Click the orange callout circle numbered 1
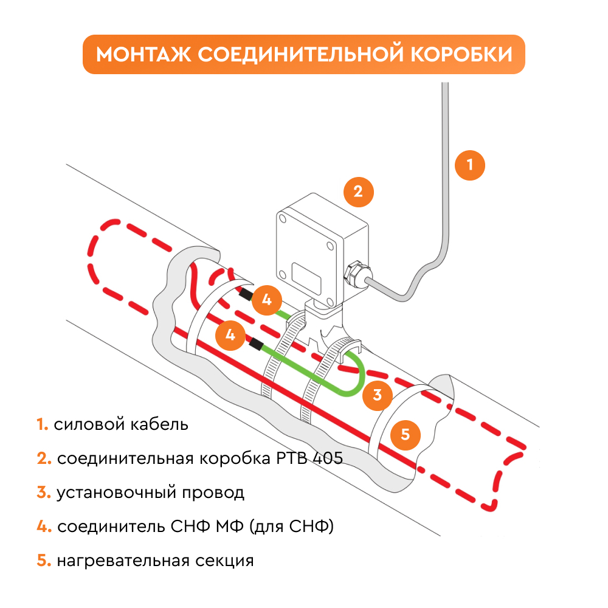469,164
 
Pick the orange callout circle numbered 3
378,395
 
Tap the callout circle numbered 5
406,434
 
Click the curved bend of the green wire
359,377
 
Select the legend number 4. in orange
43,527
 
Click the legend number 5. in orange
43,561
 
